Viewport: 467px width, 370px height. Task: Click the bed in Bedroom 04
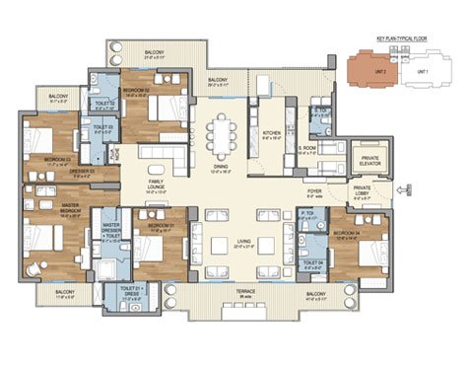tap(363, 252)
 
